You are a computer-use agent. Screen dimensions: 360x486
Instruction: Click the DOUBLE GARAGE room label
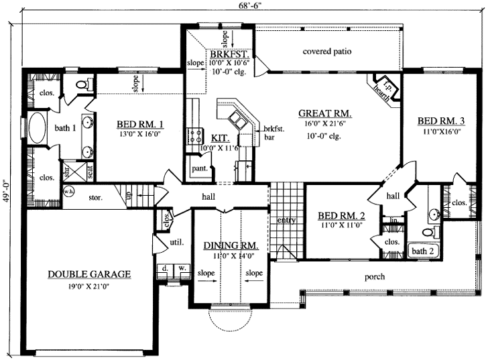pyautogui.click(x=89, y=274)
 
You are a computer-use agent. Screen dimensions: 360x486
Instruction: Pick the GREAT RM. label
pyautogui.click(x=325, y=113)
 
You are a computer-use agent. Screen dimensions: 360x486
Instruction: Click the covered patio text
pyautogui.click(x=327, y=52)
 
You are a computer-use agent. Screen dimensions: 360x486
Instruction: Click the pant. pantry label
pyautogui.click(x=198, y=169)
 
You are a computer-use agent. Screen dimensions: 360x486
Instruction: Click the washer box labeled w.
pyautogui.click(x=181, y=269)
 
